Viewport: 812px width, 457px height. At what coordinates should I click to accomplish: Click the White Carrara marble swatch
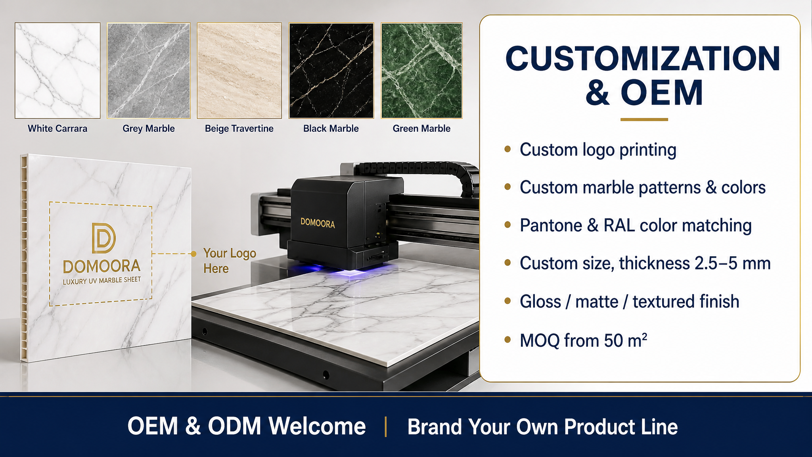pyautogui.click(x=57, y=71)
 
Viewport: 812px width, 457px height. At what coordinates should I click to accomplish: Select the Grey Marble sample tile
pyautogui.click(x=149, y=71)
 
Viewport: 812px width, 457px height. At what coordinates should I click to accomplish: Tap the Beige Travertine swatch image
pyautogui.click(x=239, y=71)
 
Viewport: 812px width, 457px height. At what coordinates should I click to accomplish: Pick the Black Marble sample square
pyautogui.click(x=331, y=71)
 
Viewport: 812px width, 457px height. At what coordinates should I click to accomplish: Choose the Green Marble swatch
pyautogui.click(x=421, y=71)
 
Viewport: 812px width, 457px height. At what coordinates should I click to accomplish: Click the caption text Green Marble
pyautogui.click(x=421, y=129)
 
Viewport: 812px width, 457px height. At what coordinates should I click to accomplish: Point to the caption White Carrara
pyautogui.click(x=57, y=129)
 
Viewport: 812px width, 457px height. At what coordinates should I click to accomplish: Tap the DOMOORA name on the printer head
pyautogui.click(x=318, y=223)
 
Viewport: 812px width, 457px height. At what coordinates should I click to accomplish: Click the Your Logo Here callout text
pyautogui.click(x=230, y=261)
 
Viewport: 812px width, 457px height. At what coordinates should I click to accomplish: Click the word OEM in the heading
pyautogui.click(x=662, y=93)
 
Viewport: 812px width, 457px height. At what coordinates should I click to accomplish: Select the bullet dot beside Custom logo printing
pyautogui.click(x=507, y=149)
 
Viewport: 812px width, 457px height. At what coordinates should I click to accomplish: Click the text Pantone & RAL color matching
pyautogui.click(x=636, y=225)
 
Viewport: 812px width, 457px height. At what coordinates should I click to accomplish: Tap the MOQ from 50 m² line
pyautogui.click(x=584, y=340)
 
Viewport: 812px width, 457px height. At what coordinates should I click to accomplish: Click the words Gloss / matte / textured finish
pyautogui.click(x=630, y=301)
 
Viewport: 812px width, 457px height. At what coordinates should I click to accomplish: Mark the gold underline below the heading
pyautogui.click(x=644, y=119)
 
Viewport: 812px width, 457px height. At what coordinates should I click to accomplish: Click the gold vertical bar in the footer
pyautogui.click(x=386, y=427)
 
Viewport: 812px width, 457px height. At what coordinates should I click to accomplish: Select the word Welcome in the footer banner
pyautogui.click(x=317, y=426)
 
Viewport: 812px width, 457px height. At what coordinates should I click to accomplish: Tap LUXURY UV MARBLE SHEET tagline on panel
pyautogui.click(x=102, y=280)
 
